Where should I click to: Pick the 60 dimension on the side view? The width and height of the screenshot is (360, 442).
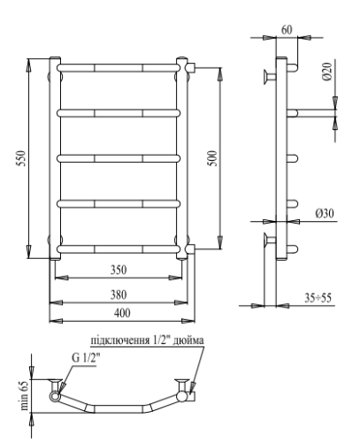pyautogui.click(x=286, y=29)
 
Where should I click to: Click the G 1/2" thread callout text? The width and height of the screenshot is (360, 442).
pyautogui.click(x=87, y=357)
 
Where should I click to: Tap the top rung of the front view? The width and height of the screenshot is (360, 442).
pyautogui.click(x=121, y=67)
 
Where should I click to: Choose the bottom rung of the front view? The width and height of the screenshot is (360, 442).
pyautogui.click(x=121, y=248)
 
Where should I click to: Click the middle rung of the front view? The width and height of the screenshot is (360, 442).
pyautogui.click(x=121, y=158)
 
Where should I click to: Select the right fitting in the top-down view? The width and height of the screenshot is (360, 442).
pyautogui.click(x=186, y=392)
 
